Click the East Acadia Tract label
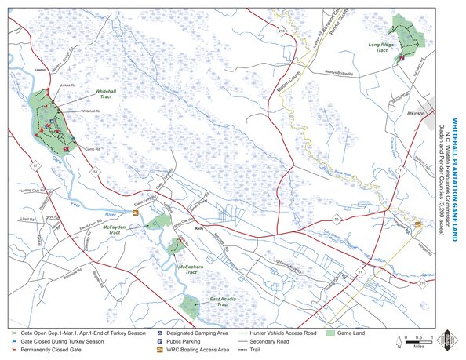click(224, 300)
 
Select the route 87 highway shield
click(35, 166)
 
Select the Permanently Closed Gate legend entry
click(52, 351)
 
